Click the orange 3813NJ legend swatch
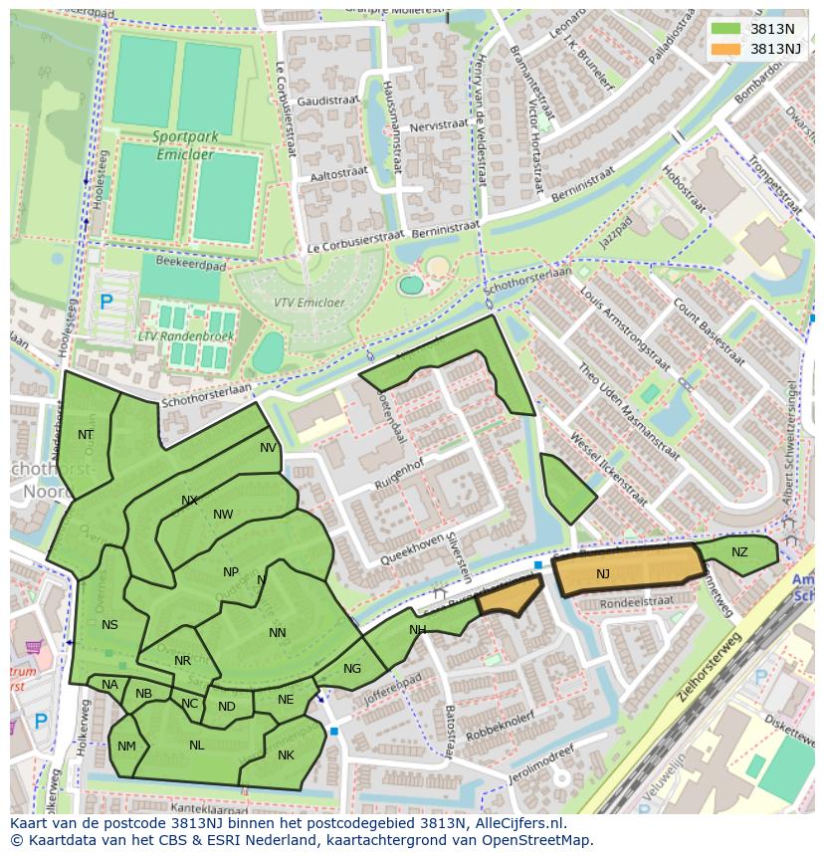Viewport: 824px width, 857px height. [x=726, y=48]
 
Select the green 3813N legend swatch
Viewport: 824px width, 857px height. [x=726, y=28]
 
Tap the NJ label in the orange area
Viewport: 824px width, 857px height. [x=603, y=574]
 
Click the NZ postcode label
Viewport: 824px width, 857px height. [x=739, y=552]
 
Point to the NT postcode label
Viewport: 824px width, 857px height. [x=86, y=435]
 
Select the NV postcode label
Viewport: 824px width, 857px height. [x=268, y=448]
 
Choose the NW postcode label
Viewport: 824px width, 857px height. [x=223, y=515]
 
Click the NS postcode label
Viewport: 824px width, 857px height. [x=109, y=625]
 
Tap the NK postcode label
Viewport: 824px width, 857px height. [x=286, y=755]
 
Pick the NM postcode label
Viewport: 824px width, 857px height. [x=126, y=747]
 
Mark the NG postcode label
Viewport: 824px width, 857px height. [x=352, y=669]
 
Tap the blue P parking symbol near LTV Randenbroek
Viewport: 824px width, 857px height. [x=106, y=301]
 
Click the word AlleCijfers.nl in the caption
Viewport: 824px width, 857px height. [x=515, y=824]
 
